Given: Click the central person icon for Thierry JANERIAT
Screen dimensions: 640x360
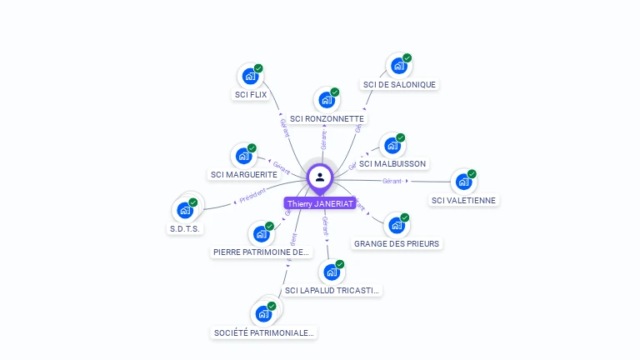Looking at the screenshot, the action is (x=320, y=177).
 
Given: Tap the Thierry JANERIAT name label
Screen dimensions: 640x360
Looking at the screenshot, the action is (x=320, y=203).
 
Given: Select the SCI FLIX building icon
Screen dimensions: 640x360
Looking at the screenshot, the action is (x=249, y=77).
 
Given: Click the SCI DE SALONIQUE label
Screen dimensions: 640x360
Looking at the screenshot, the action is (x=399, y=84).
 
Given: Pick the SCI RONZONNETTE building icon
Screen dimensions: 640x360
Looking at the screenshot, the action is (x=326, y=100).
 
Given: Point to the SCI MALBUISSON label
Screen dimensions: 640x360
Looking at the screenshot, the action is (x=393, y=163).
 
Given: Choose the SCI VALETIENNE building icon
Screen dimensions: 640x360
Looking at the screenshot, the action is (x=462, y=182).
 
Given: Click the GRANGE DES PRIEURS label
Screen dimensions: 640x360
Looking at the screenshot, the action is (x=397, y=243).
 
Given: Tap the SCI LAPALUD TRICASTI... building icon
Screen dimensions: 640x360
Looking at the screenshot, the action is (x=332, y=272).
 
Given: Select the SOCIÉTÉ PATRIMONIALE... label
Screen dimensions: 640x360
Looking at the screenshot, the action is (x=264, y=332).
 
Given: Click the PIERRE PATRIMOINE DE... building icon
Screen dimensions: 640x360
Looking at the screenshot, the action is (x=261, y=233).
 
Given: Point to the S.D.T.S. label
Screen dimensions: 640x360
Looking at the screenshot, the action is (x=187, y=228).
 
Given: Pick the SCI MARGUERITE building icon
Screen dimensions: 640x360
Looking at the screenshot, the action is (x=243, y=156).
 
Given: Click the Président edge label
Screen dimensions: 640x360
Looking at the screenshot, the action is (x=252, y=196).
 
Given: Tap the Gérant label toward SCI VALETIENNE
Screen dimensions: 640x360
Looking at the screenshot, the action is (x=392, y=180).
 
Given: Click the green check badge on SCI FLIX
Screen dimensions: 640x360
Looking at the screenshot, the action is (x=258, y=68).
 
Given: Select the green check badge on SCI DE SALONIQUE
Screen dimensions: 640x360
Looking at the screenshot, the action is (x=407, y=58).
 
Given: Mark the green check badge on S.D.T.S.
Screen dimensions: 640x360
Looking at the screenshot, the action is (x=193, y=202).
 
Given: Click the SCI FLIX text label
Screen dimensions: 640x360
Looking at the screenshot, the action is (x=250, y=95).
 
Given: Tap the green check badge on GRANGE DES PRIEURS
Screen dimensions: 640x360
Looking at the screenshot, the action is (x=405, y=217).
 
